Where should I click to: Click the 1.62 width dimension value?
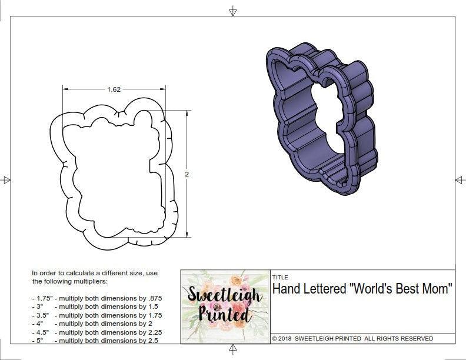click(114, 89)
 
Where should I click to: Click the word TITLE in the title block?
click(279, 277)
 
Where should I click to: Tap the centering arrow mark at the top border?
click(233, 11)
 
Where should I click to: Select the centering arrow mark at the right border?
click(460, 180)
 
